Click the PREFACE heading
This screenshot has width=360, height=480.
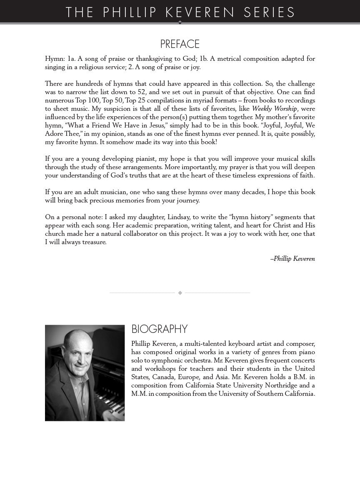[180, 44]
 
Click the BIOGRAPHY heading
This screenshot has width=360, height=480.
[159, 329]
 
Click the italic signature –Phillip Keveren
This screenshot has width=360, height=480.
[292, 259]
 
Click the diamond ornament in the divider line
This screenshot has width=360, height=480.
[180, 293]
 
